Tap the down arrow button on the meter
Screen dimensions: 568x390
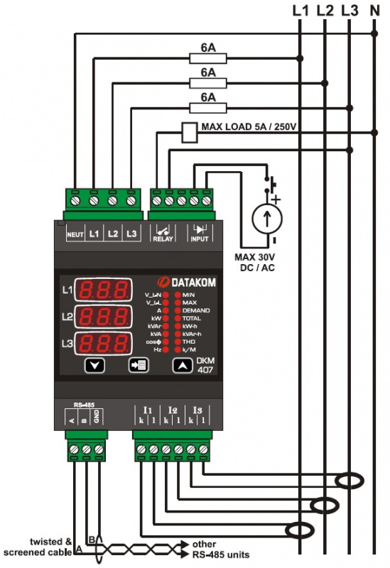98,366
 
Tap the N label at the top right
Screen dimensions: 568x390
374,11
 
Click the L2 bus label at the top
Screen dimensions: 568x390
325,11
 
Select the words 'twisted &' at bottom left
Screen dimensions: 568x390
50,542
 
